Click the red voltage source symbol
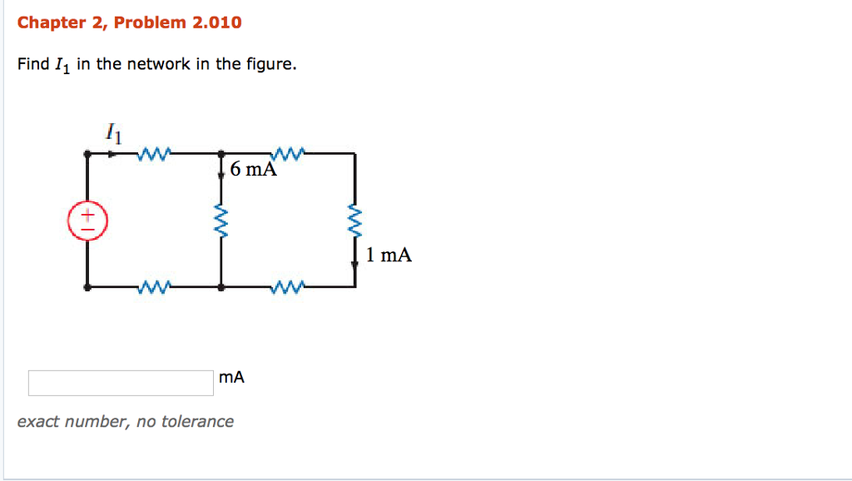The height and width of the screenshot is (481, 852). pos(87,221)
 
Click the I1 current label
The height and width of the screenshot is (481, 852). pos(114,132)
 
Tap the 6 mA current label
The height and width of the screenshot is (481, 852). pos(254,170)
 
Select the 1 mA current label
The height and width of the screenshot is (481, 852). pos(389,255)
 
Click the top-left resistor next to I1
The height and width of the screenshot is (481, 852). pos(156,153)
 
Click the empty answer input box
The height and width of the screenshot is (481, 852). pos(121,383)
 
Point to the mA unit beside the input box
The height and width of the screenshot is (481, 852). pos(232,378)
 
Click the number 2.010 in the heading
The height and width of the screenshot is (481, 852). pos(216,22)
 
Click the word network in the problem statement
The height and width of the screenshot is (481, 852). pos(159,64)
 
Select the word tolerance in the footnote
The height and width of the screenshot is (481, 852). pos(197,422)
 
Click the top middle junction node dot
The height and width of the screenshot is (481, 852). pos(221,154)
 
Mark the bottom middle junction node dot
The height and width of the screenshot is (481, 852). pos(221,287)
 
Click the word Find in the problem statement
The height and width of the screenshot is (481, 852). pos(33,64)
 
